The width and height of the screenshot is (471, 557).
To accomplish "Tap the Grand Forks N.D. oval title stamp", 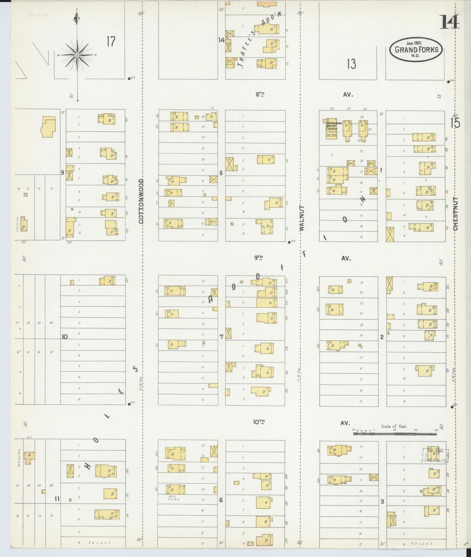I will point(416,49).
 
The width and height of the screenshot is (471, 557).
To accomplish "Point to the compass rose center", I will point(77,55).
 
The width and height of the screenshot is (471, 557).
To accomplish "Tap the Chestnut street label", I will point(456,214).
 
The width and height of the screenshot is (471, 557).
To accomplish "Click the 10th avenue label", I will point(259,422).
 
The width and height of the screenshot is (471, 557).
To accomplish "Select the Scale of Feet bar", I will point(395,434).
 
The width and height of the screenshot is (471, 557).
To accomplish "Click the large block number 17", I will point(111,42).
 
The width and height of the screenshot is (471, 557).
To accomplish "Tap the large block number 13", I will point(352,64).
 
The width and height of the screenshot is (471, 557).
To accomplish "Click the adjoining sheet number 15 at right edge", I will point(455,123).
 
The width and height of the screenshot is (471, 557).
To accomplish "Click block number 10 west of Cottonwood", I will point(64,336).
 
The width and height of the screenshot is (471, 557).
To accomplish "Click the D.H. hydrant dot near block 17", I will point(129,78).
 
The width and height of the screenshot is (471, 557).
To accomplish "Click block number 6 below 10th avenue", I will point(221,500).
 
